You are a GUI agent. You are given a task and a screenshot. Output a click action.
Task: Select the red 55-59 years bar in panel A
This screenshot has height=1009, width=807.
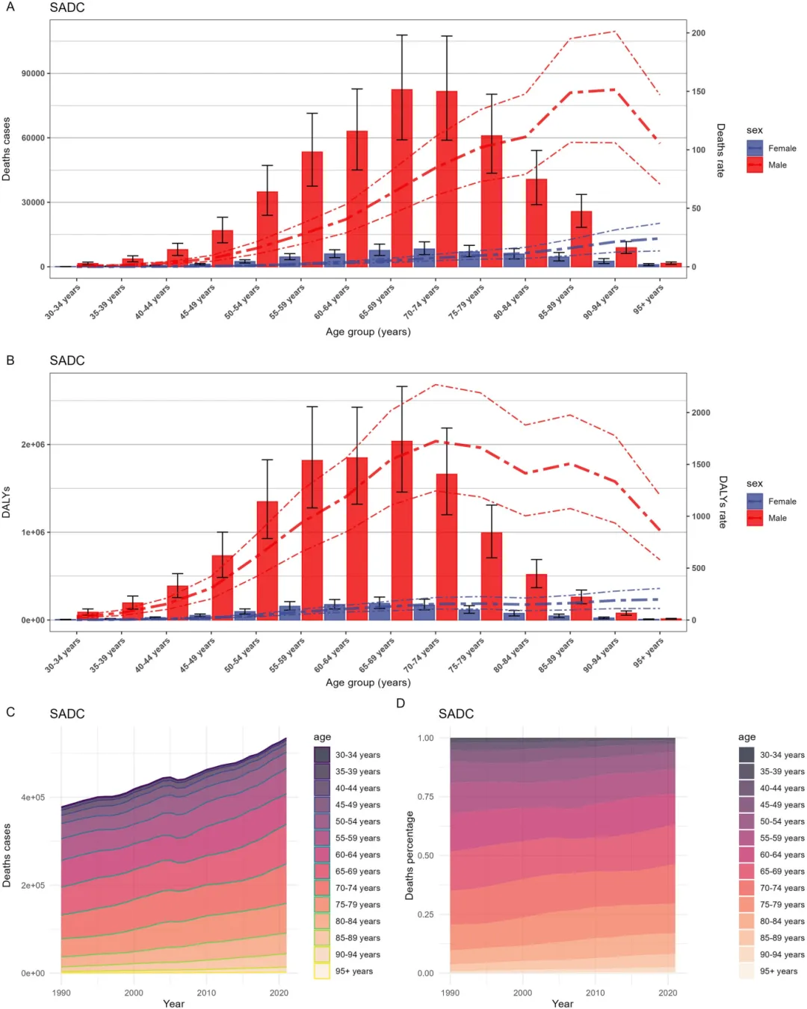312,209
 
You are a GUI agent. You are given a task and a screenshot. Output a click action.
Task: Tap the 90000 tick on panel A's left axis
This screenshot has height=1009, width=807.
33,73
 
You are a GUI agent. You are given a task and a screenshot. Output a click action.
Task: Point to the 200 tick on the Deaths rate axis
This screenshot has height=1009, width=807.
699,33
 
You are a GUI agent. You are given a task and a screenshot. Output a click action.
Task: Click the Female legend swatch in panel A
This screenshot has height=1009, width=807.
755,148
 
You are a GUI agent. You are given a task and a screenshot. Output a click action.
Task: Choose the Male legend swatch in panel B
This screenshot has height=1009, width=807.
755,518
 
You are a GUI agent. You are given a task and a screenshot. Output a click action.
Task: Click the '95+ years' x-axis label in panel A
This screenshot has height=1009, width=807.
649,299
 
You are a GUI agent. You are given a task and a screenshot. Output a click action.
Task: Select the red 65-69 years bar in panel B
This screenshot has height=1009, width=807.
402,531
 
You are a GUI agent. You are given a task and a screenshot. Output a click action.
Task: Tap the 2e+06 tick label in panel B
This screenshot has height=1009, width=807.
33,445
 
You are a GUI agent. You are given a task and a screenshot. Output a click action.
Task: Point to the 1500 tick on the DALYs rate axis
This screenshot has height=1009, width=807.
701,464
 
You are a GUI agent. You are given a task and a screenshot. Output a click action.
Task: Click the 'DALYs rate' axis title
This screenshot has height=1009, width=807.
723,502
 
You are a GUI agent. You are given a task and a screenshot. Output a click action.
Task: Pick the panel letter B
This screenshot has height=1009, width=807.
10,360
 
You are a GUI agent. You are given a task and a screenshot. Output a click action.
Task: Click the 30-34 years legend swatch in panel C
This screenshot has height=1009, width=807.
322,755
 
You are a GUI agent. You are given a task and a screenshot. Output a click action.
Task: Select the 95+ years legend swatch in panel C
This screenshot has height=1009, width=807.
322,971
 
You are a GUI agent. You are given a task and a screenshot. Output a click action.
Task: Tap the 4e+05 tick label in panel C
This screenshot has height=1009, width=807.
33,797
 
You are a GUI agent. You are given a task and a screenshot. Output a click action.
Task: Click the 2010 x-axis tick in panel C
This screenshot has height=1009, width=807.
206,993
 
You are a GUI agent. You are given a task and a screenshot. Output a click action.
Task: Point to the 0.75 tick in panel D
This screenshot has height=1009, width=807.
425,797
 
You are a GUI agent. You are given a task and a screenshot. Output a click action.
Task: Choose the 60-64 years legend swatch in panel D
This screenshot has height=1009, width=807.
746,854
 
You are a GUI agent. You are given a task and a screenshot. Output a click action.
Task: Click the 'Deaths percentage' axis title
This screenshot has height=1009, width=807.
409,855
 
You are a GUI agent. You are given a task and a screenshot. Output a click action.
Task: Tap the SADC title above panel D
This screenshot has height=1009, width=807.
456,714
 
